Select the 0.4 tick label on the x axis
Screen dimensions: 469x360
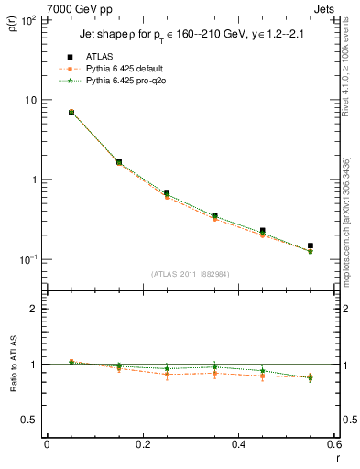238,444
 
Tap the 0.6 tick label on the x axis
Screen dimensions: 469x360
333,444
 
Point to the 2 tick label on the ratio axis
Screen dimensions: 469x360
38,309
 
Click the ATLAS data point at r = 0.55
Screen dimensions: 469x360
311,245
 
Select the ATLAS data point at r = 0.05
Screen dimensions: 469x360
71,113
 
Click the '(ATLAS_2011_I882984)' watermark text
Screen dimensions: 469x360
190,274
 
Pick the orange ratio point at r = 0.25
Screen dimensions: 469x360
167,374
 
